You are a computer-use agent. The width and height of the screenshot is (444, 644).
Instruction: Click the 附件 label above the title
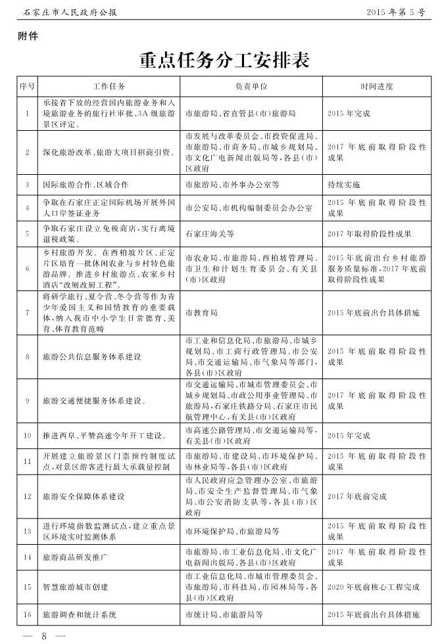(28, 37)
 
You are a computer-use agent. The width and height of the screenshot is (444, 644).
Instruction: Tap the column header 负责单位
(251, 86)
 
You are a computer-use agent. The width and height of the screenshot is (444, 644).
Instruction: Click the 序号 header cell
(27, 86)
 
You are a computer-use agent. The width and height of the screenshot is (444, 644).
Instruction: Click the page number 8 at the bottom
(44, 635)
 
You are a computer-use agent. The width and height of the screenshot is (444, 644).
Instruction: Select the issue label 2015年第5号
(396, 12)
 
